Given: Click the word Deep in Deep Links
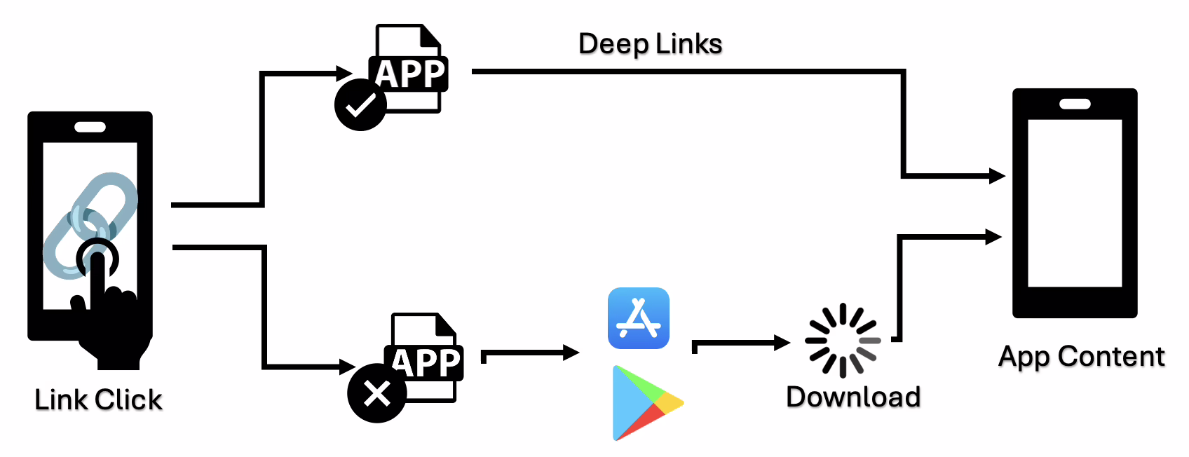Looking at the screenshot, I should [x=612, y=44].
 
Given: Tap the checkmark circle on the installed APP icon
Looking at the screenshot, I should [x=360, y=105].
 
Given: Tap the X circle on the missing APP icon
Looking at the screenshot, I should [x=377, y=393].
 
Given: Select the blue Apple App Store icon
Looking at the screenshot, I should [x=639, y=318].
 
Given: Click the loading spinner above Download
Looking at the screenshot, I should [x=843, y=341].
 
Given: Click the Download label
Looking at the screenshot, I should [x=853, y=397].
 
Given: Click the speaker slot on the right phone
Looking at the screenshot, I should [x=1075, y=104].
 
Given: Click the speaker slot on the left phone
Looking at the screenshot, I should [x=90, y=127].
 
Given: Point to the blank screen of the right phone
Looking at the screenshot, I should [x=1075, y=203].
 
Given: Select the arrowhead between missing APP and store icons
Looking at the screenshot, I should [x=571, y=353].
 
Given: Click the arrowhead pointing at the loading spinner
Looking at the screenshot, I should [x=782, y=343].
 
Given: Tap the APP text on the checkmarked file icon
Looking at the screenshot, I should [x=409, y=74].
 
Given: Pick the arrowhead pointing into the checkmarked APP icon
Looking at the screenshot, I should [x=344, y=73].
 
